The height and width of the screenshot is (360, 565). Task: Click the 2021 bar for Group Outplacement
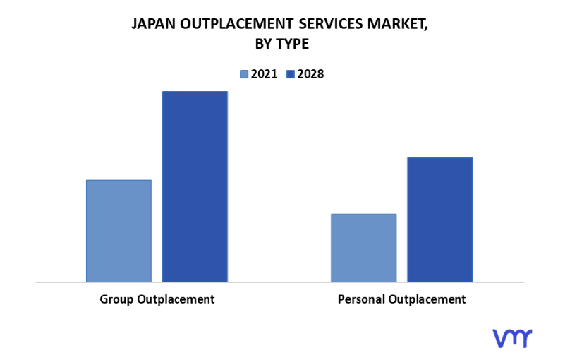click(x=119, y=231)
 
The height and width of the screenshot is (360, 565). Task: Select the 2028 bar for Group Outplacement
click(x=195, y=186)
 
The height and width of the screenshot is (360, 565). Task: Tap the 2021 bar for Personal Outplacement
click(x=363, y=248)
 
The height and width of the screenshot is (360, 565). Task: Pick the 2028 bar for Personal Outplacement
click(x=439, y=220)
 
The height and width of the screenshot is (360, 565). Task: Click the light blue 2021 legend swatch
click(x=245, y=73)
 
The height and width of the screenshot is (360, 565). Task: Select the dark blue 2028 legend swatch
click(x=290, y=73)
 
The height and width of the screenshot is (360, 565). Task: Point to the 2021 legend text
click(x=265, y=73)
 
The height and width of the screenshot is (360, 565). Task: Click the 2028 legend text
click(x=310, y=73)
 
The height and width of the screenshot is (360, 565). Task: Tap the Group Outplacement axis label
click(x=157, y=299)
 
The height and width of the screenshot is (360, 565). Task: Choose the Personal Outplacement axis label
click(x=401, y=299)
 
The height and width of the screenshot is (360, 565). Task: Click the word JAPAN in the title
click(x=153, y=24)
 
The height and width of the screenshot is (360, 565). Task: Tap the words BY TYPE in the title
click(x=281, y=44)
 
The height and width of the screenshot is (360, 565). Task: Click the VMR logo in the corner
click(x=512, y=338)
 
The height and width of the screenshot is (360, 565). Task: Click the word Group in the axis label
click(x=116, y=299)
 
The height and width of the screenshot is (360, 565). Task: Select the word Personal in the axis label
click(x=361, y=299)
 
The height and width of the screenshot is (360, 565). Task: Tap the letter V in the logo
click(x=499, y=338)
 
